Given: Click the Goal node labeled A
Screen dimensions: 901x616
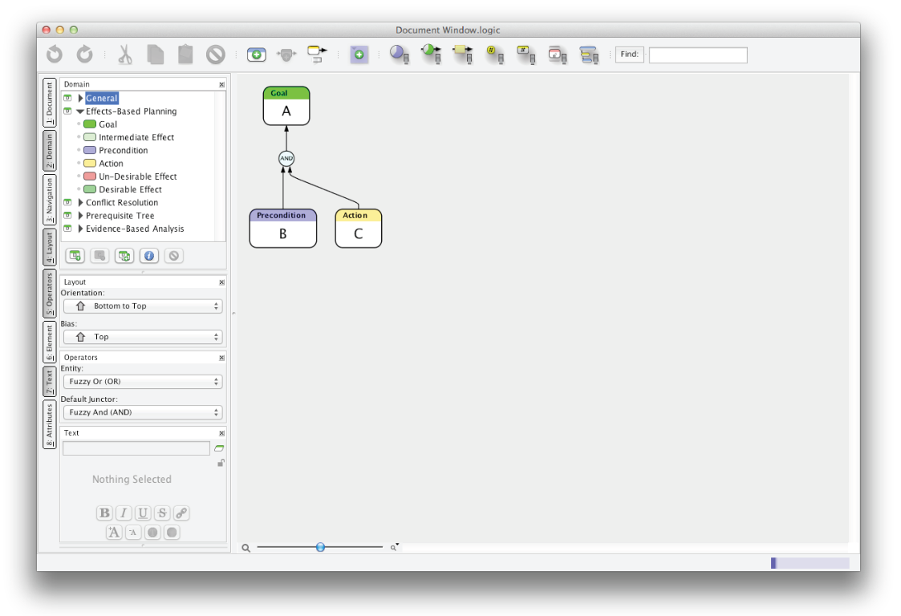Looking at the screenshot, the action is [286, 106].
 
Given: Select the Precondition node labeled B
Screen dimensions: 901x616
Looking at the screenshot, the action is [282, 228].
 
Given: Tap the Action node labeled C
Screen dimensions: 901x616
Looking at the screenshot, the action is [358, 228].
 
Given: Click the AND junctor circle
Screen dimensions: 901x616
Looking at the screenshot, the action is [286, 158].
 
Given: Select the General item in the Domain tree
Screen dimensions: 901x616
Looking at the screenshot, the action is [102, 99].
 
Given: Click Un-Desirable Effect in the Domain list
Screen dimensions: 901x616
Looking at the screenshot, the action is [137, 176].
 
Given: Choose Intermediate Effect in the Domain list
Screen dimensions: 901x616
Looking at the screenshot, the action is [136, 137].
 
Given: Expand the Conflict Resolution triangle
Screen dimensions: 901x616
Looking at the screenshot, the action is [80, 202].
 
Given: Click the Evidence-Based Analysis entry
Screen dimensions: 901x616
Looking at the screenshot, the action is [135, 229].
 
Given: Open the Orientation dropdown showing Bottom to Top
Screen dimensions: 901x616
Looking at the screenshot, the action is [143, 306].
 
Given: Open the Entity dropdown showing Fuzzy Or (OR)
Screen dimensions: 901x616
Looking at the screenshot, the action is [143, 382].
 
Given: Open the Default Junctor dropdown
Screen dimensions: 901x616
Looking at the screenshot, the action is [143, 412].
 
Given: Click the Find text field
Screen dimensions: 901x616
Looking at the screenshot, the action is [698, 55].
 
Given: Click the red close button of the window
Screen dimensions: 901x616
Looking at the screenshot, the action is [47, 30].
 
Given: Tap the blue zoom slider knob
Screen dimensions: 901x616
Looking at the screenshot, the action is [320, 547].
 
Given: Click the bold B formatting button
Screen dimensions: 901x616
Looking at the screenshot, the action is [104, 513].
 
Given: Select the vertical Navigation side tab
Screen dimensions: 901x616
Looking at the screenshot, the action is [50, 200].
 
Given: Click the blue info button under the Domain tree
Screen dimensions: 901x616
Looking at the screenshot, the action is [148, 256].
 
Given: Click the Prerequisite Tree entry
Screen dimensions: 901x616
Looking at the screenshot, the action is [120, 216].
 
